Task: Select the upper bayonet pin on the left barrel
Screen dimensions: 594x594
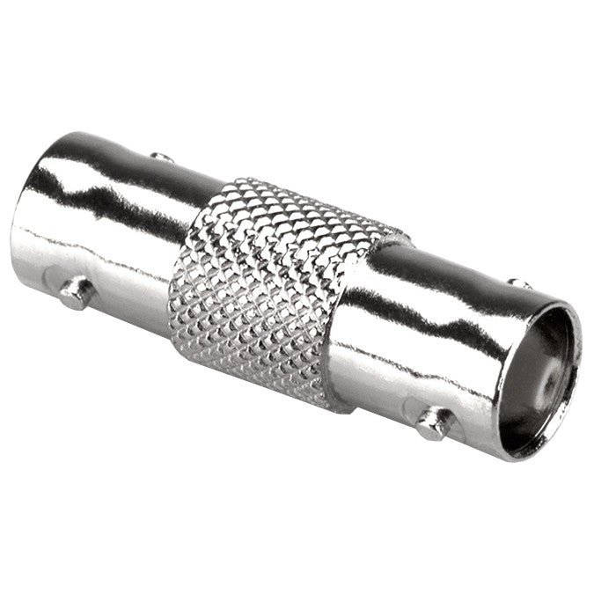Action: tap(161, 158)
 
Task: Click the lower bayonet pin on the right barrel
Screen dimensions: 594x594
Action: tap(434, 423)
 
